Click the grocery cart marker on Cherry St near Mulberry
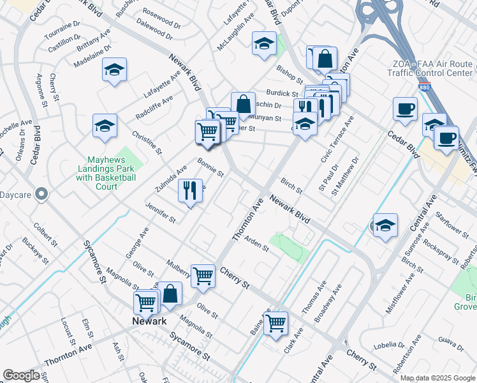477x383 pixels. coord(203,276)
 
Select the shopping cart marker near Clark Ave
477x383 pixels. coord(275,323)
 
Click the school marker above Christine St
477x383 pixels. coord(105,126)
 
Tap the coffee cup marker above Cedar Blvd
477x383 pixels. coord(405,109)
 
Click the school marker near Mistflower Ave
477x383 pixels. coord(385,226)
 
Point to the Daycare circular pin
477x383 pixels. coord(42,193)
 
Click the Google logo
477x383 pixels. coord(21,375)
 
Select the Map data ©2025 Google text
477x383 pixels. coord(437,378)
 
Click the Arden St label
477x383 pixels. coord(258,246)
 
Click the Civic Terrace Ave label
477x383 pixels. coord(339,140)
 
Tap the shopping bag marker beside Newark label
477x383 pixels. coord(170,294)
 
